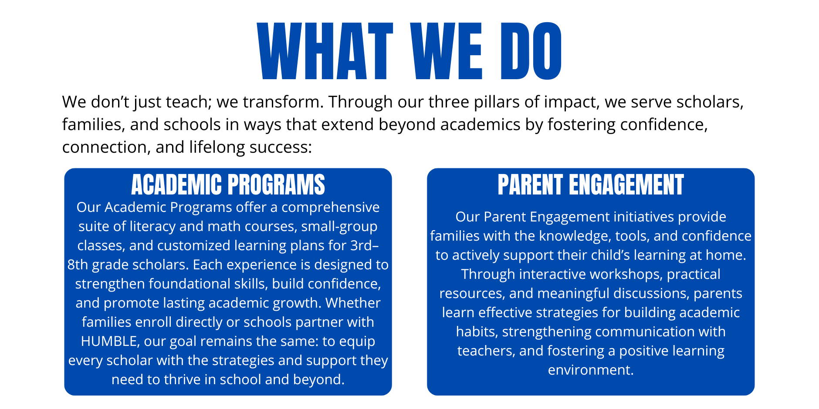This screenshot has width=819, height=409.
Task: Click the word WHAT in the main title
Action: pos(325,51)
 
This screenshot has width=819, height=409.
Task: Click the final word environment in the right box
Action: pos(591,370)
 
